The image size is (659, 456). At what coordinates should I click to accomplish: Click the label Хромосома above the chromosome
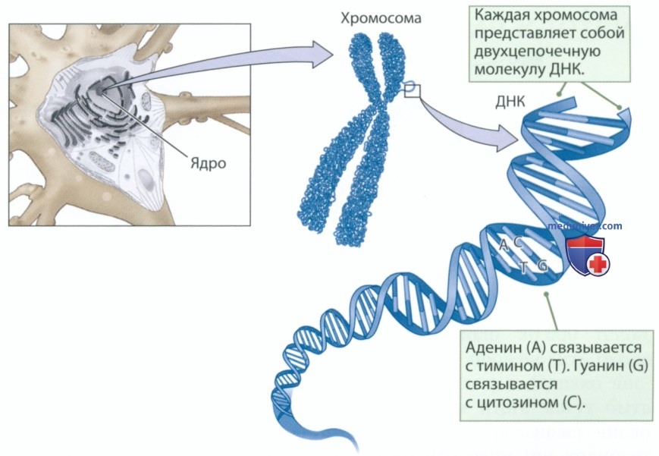click(381, 18)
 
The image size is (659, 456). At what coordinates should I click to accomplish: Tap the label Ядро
click(209, 163)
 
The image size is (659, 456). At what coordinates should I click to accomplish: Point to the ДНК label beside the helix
click(510, 102)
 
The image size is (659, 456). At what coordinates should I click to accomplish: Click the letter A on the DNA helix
click(504, 244)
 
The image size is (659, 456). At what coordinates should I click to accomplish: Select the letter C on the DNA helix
click(518, 241)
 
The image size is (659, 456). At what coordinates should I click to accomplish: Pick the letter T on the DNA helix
click(522, 267)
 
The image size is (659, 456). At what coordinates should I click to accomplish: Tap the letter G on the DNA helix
click(542, 266)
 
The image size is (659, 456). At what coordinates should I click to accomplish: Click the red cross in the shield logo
click(598, 264)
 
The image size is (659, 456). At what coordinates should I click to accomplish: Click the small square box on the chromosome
click(412, 91)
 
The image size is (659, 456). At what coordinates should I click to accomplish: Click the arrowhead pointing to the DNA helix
click(507, 138)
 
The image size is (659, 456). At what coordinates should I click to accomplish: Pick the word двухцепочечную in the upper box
click(538, 52)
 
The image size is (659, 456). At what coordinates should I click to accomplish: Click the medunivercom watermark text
click(585, 226)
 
